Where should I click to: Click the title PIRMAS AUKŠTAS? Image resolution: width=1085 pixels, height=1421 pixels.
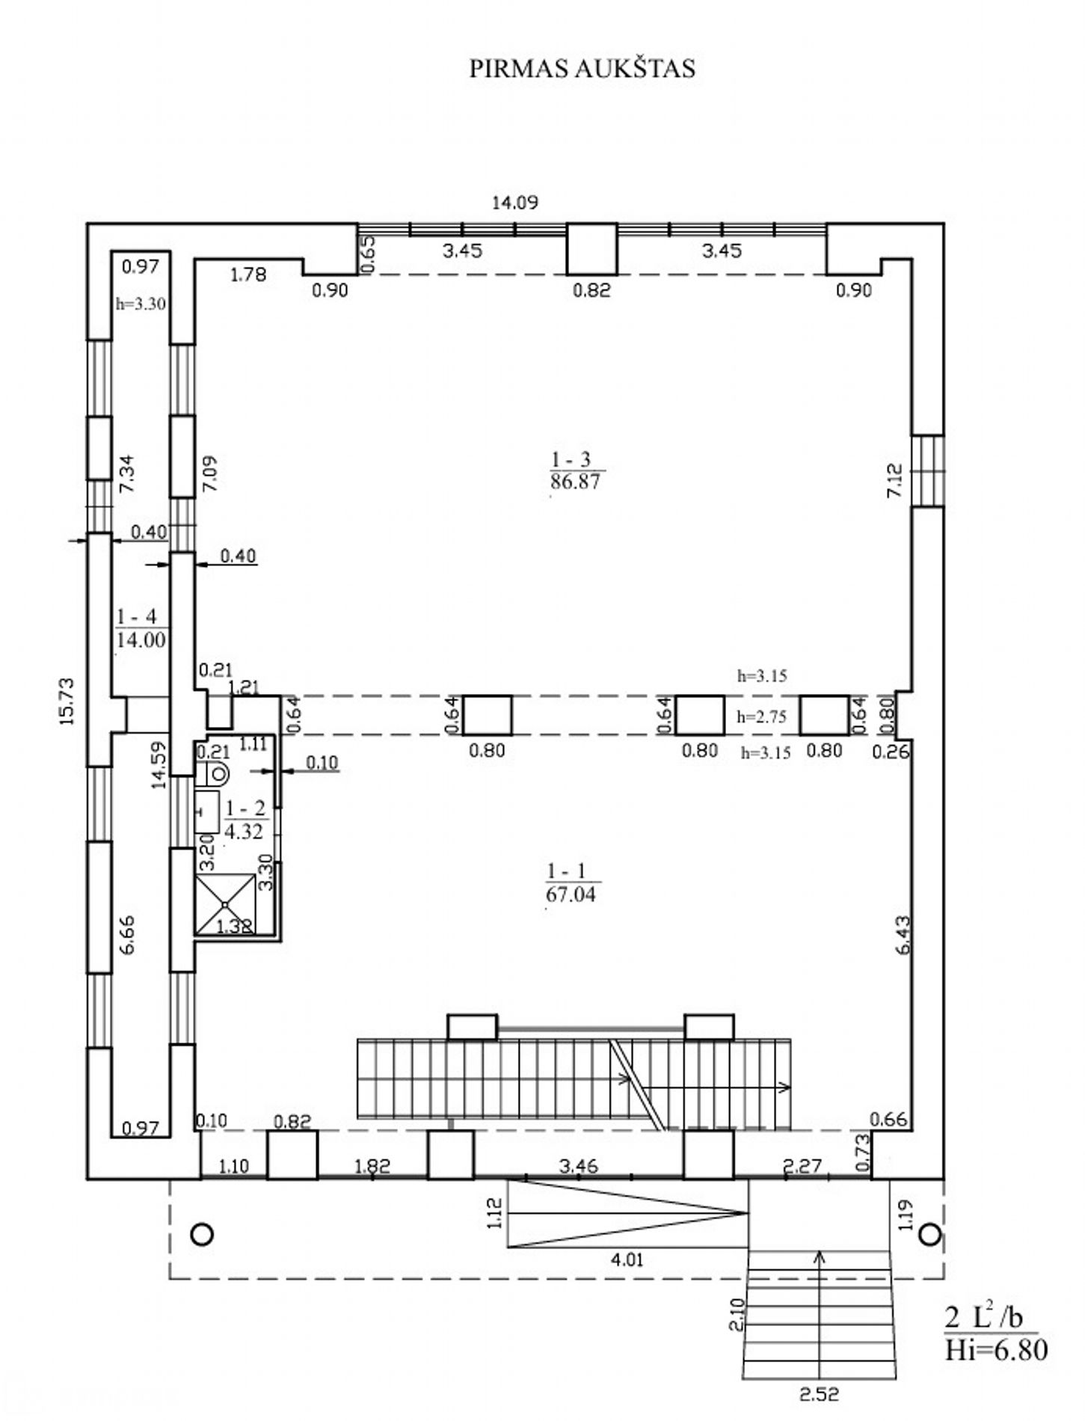[x=582, y=68]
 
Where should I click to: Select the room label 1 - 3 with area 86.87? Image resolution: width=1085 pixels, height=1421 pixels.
[x=575, y=470]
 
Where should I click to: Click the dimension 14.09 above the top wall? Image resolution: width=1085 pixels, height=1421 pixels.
[x=514, y=202]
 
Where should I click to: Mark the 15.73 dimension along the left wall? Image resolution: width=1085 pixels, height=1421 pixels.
[x=67, y=701]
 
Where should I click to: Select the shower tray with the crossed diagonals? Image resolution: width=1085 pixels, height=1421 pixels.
[x=224, y=903]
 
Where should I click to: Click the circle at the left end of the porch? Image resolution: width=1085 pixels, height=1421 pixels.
[x=202, y=1234]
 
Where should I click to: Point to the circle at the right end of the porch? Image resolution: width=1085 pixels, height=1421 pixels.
[x=929, y=1234]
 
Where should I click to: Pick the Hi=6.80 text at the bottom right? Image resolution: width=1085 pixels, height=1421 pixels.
[x=995, y=1350]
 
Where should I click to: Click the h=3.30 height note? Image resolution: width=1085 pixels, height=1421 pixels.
[x=141, y=304]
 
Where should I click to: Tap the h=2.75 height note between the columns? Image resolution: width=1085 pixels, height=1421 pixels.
[x=761, y=716]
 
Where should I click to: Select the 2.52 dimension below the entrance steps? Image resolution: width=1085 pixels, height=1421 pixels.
[x=819, y=1394]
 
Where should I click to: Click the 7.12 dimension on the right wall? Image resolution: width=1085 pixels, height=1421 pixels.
[x=894, y=480]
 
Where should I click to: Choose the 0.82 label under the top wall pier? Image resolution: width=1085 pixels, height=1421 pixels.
[x=591, y=290]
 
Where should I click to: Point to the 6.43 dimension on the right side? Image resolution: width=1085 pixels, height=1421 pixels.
[x=903, y=935]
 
